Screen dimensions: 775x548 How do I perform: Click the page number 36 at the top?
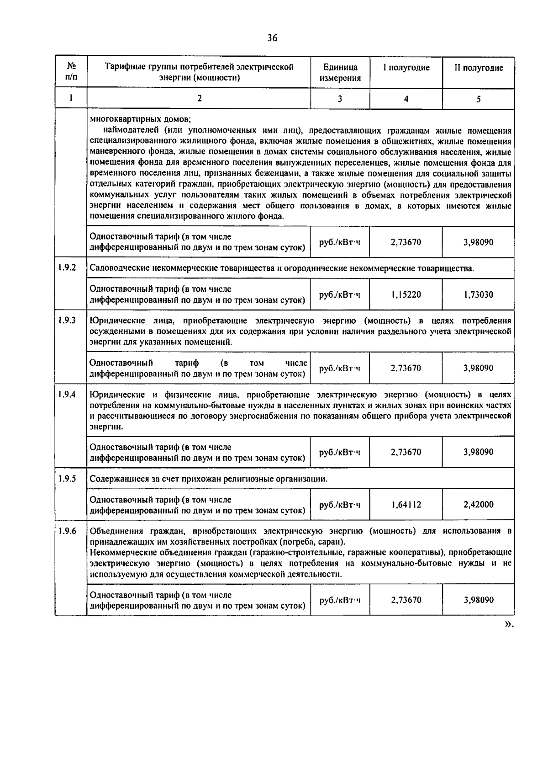coord(272,38)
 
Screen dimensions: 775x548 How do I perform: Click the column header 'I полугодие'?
coord(406,68)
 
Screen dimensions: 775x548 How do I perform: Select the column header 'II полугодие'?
coord(478,68)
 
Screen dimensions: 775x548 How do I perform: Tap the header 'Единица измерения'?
coord(340,73)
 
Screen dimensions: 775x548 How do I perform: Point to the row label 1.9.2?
coord(67,267)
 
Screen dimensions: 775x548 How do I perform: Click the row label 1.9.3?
coord(67,320)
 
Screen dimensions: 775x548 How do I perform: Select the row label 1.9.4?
coord(67,394)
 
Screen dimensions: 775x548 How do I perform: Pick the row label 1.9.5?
coord(67,479)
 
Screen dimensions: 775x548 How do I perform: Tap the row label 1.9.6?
coord(67,531)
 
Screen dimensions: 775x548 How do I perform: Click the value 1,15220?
coord(406,295)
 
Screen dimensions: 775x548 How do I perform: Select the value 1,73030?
coord(478,295)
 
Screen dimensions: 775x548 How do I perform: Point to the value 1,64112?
coord(406,505)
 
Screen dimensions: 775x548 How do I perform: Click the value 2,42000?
coord(478,505)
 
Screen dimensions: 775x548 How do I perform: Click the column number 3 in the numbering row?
coord(340,98)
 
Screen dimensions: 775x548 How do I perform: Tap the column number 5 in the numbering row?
coord(478,98)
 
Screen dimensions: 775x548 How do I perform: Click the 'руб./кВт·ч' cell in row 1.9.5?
coord(340,505)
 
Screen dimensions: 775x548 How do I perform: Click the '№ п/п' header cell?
coord(71,72)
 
